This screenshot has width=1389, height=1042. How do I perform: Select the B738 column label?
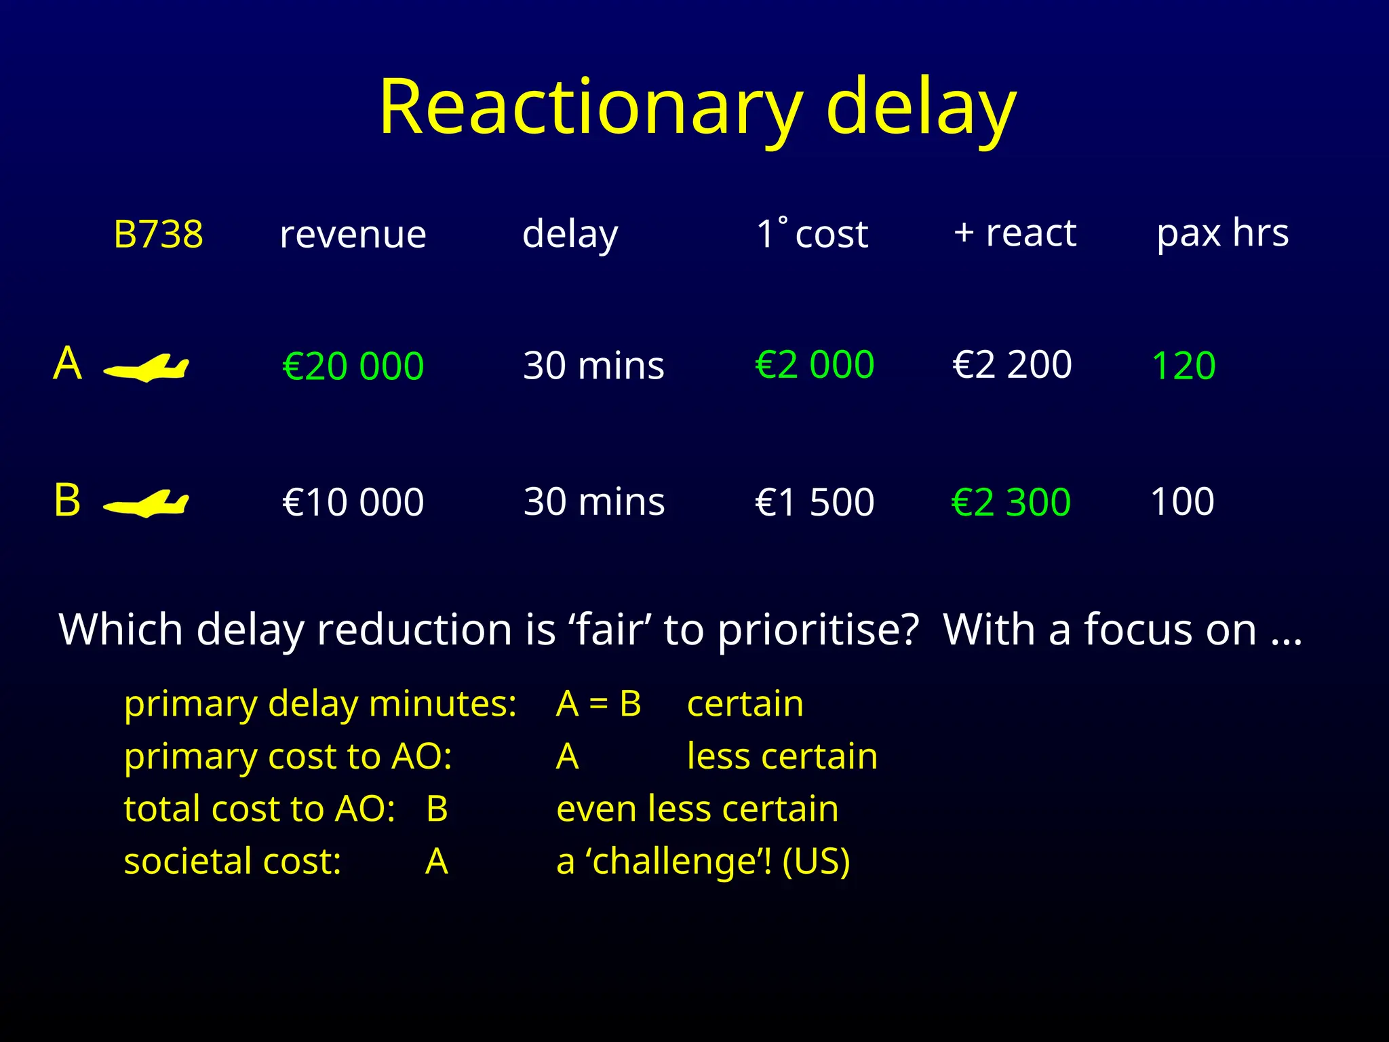coord(158,235)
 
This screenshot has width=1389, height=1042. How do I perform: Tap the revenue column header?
coord(353,235)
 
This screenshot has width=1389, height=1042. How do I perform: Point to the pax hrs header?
coord(1222,233)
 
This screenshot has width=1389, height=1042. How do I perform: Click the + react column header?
coord(1015,233)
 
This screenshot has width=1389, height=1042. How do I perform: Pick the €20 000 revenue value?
coord(353,366)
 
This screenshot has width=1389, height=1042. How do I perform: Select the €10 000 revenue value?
coord(353,502)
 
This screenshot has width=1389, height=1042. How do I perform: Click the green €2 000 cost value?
coord(815,365)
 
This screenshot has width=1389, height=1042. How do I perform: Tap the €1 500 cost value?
coord(815,502)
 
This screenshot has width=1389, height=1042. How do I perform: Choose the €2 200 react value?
coord(1012,365)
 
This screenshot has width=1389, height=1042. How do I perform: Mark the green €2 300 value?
coord(1011,502)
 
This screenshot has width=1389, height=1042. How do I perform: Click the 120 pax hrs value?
coord(1183,366)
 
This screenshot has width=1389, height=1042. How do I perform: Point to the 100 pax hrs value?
coord(1182,502)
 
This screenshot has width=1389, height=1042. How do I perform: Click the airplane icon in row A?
coord(146,368)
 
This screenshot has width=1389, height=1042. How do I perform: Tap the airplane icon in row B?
coord(146,504)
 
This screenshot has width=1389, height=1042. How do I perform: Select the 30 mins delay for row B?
coord(594,502)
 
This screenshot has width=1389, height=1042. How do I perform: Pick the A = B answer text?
coord(598,703)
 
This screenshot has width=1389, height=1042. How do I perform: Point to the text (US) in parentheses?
coord(816,862)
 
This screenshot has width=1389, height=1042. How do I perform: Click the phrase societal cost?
coord(233,862)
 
